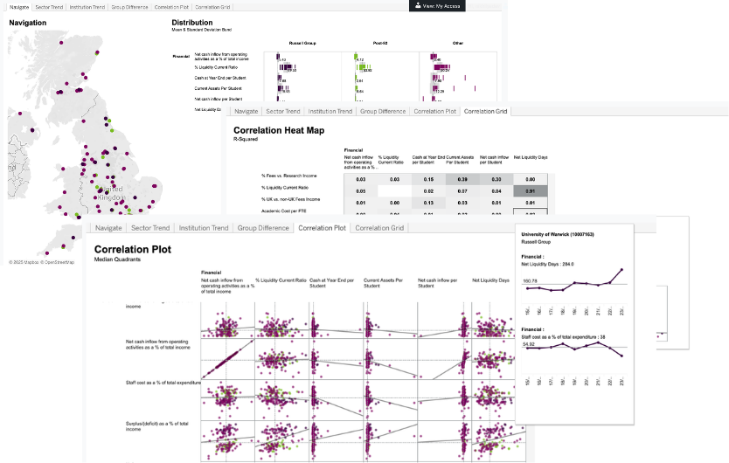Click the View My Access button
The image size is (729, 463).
(441, 5)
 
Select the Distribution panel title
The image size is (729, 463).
(191, 22)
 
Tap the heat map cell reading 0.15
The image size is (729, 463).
(427, 178)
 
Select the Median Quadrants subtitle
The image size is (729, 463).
(114, 259)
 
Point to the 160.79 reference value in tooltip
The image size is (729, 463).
(531, 280)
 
